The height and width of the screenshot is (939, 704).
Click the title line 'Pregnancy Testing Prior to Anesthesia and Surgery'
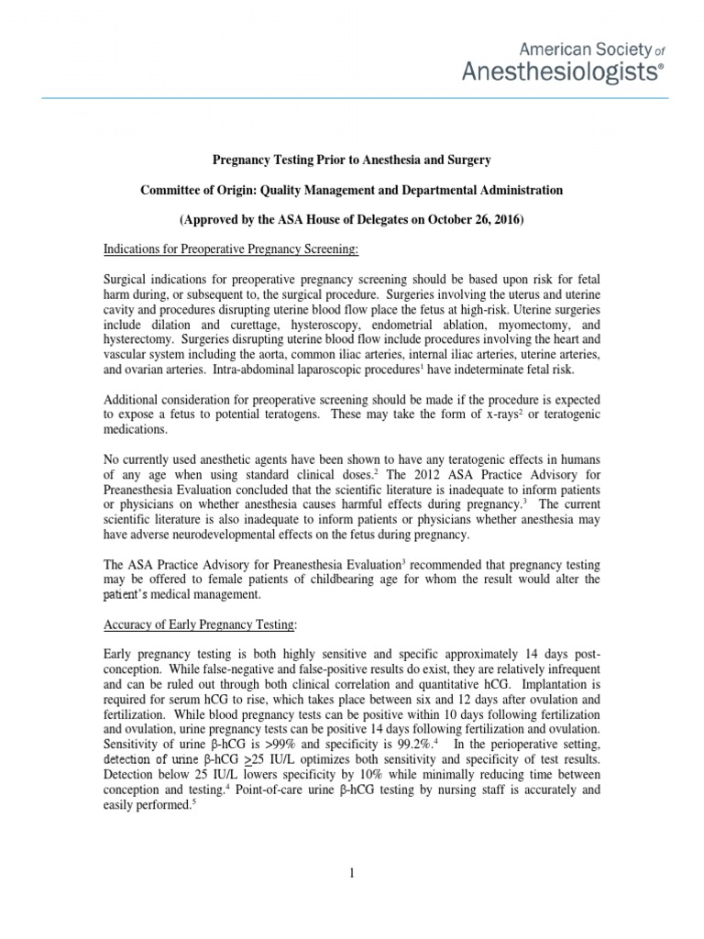click(352, 160)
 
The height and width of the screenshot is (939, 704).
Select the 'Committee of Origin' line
click(352, 190)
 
